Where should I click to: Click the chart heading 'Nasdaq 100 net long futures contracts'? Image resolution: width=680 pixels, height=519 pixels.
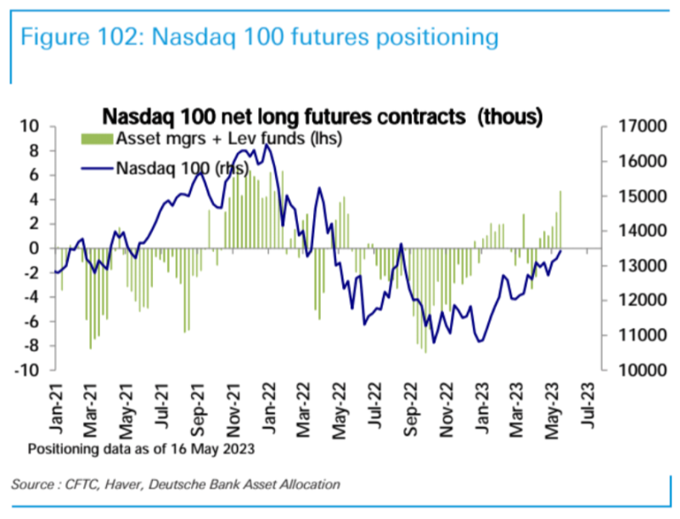tap(284, 114)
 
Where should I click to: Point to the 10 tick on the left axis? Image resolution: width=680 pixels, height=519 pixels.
tap(32, 126)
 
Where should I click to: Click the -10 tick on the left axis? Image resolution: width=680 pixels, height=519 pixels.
tap(29, 371)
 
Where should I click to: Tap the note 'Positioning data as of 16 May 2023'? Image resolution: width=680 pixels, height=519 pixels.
tap(140, 448)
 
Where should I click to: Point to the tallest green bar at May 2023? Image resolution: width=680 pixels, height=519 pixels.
tap(560, 220)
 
